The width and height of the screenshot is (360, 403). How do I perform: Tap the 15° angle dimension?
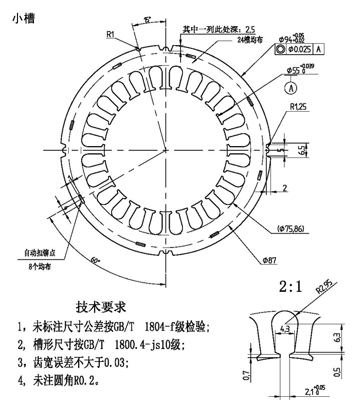148,21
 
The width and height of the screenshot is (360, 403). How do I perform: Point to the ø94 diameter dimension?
291,39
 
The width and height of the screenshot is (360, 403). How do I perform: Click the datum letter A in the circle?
292,88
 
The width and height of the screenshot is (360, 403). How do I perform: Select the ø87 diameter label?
269,261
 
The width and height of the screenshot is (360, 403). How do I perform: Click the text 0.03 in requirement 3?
112,362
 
